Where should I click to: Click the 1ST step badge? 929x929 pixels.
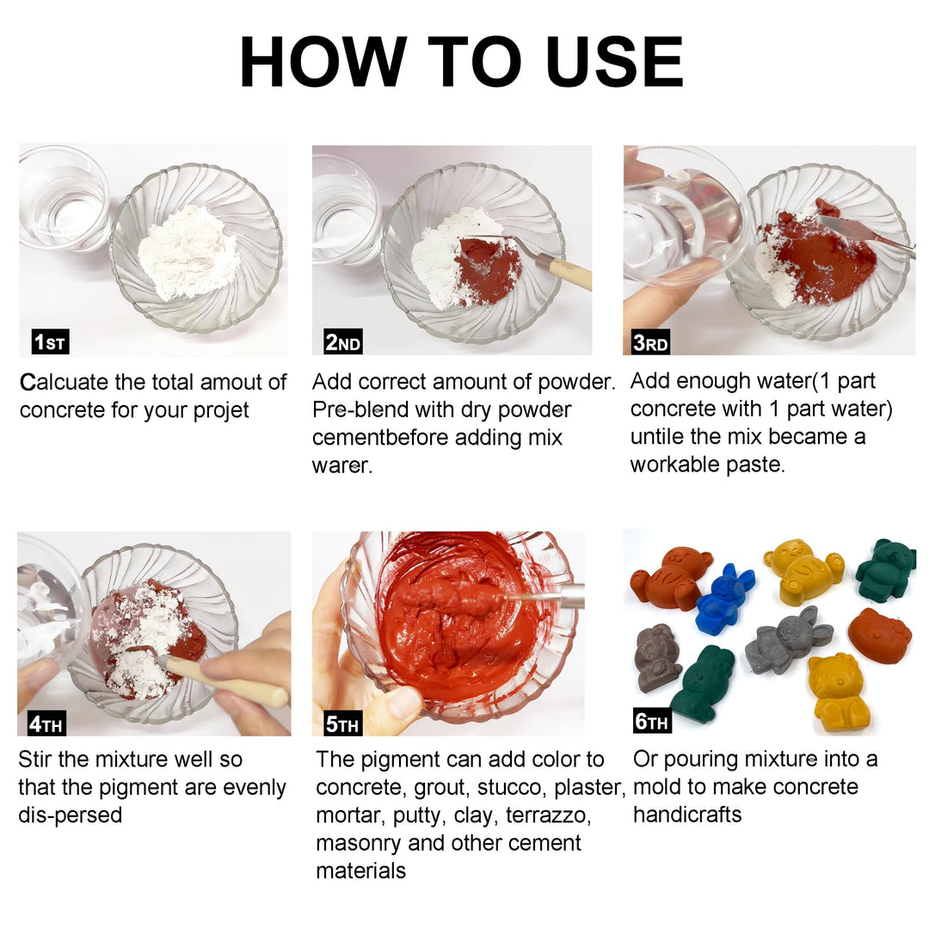coord(50,342)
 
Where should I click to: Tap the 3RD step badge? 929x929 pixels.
coord(650,342)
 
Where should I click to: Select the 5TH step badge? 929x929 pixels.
coord(341,724)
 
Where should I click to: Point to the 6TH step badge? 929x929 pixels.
coord(652,721)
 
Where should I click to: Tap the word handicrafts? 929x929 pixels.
coord(686,815)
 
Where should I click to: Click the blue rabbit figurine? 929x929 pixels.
coord(724,600)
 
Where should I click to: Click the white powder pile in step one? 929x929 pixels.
coord(189,254)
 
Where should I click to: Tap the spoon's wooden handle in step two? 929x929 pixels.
coord(569,275)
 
